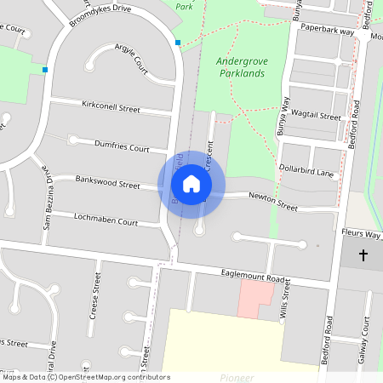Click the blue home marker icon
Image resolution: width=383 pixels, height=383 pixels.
click(x=191, y=184)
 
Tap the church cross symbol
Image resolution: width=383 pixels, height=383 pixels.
click(x=363, y=254)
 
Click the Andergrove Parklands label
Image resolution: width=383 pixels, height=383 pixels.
click(x=241, y=67)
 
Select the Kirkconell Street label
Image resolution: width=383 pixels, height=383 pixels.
click(x=110, y=108)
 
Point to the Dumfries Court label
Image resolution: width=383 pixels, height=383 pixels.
click(x=121, y=145)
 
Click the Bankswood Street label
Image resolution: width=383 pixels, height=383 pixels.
click(x=107, y=182)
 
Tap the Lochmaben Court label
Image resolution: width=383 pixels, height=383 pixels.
click(x=106, y=220)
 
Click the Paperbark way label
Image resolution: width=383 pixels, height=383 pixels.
click(x=327, y=31)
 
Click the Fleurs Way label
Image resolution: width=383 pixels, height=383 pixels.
click(x=361, y=232)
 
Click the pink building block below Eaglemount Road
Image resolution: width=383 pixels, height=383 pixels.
click(x=255, y=300)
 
